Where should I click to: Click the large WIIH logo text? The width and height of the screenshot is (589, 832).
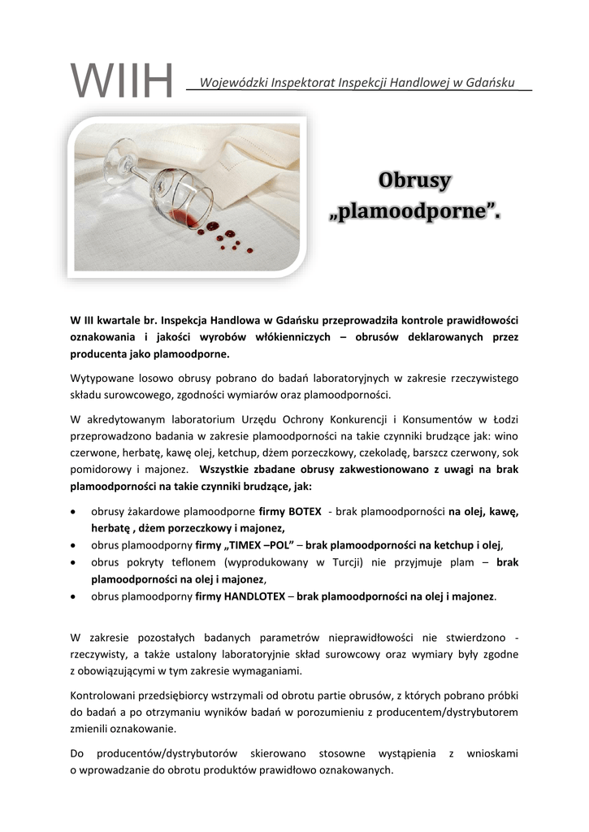122,82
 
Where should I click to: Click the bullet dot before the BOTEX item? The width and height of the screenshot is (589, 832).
75,513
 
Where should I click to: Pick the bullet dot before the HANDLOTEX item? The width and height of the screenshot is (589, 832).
75,596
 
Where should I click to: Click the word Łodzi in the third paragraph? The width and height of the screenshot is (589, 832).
504,419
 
